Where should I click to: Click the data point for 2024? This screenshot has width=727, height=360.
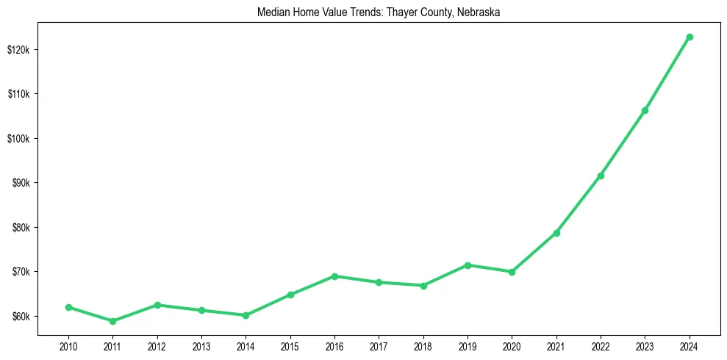(690, 37)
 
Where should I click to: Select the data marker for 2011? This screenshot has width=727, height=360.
(112, 321)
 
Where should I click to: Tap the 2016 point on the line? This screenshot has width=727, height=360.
(334, 276)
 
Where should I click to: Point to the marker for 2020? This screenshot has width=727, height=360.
(512, 272)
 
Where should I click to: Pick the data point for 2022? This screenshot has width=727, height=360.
(601, 176)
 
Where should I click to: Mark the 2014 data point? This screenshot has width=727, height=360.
(246, 315)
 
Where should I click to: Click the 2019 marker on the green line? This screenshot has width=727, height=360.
(468, 265)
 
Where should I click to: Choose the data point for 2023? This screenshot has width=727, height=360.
(645, 110)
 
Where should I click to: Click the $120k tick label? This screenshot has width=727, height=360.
(18, 50)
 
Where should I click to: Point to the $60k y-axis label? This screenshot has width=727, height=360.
(20, 317)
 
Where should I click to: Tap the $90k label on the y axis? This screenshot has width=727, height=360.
(20, 183)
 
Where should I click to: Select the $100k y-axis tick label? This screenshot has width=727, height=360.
(18, 139)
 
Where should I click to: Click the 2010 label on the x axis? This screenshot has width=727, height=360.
(68, 345)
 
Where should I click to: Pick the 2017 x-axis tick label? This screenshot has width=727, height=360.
(379, 345)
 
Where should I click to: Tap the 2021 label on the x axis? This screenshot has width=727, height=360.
(556, 345)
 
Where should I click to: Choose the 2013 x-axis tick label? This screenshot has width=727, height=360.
(201, 345)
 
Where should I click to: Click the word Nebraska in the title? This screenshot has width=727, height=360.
(480, 12)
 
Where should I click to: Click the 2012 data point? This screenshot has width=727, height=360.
(157, 305)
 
